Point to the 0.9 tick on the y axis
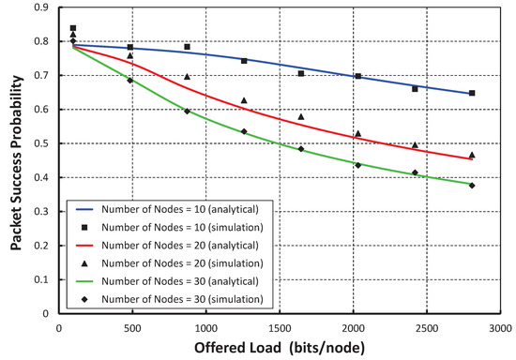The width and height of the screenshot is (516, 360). click(44, 7)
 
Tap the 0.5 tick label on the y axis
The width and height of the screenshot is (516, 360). click(44, 143)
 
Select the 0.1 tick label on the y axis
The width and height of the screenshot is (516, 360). click(44, 279)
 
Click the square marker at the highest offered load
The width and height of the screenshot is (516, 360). click(472, 93)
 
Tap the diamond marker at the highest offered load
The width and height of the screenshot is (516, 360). click(472, 186)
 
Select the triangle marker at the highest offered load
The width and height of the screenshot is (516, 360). click(472, 155)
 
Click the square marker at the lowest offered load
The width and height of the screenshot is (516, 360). click(73, 28)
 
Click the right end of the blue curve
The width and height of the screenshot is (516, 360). click(472, 94)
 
